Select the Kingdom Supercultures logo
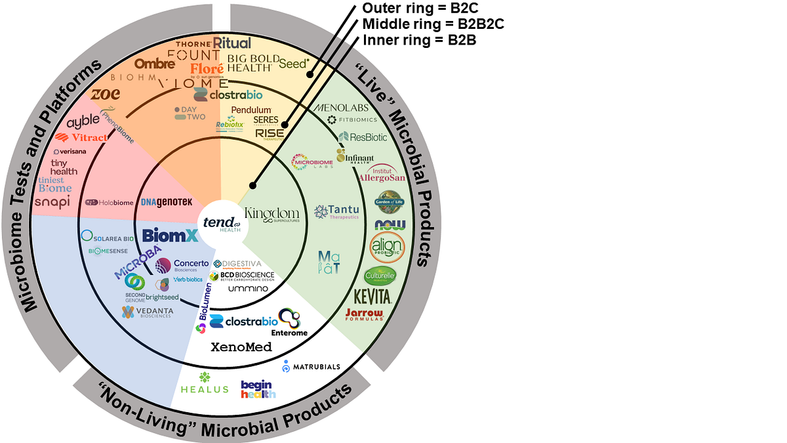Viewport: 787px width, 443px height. pos(272,215)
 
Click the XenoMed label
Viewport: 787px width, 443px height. pos(241,347)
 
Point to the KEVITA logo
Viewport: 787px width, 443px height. pos(373,297)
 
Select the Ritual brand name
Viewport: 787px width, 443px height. pos(232,43)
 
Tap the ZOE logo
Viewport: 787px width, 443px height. pos(105,94)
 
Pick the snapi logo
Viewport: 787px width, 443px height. pos(52,201)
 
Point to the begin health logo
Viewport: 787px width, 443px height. pos(258,389)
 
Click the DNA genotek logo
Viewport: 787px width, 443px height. pos(166,202)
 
